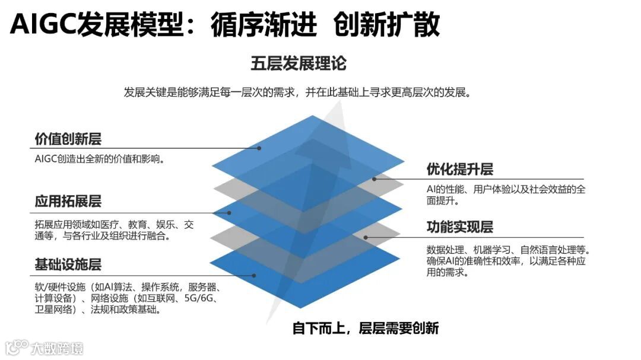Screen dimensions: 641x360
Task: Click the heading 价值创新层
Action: tap(68, 139)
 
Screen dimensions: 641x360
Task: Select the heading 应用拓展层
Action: tap(68, 202)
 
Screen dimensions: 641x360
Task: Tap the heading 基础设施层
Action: tap(68, 264)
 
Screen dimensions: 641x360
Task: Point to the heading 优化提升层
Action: tap(460, 170)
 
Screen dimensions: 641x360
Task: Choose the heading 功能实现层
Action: tap(460, 227)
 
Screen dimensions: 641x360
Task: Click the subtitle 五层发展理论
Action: tap(299, 63)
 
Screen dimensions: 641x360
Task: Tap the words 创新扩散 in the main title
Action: tap(387, 24)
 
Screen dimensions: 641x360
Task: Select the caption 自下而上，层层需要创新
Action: tap(366, 328)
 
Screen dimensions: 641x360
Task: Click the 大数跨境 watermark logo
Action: tap(45, 347)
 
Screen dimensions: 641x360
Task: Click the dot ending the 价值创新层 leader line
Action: tap(259, 148)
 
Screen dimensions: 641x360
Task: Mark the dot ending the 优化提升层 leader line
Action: tap(374, 179)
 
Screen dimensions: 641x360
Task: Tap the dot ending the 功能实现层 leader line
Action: tap(366, 237)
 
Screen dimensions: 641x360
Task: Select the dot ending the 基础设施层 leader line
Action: tap(254, 275)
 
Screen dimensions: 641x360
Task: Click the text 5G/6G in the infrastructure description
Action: tap(202, 298)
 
